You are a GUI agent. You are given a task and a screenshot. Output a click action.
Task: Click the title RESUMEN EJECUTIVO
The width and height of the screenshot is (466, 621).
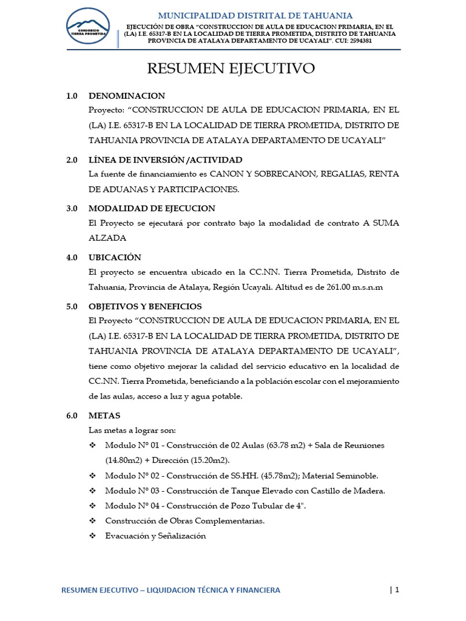pos(231,69)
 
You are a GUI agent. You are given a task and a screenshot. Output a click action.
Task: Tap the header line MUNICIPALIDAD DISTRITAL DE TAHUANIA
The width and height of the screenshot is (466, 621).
pos(255,15)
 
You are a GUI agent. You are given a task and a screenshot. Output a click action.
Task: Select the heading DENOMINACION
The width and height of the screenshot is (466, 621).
pos(126,96)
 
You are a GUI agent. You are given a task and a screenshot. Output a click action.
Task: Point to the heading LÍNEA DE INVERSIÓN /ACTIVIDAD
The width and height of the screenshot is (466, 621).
pos(165,160)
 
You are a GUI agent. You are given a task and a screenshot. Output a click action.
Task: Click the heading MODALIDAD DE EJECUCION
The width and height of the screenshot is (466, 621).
pos(152,209)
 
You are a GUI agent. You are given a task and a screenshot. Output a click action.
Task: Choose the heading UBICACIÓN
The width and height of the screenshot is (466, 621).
pos(115,257)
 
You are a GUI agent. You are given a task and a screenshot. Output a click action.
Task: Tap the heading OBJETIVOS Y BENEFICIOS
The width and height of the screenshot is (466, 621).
pos(145,306)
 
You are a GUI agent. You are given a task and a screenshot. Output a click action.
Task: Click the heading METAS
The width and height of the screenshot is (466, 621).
pos(104,415)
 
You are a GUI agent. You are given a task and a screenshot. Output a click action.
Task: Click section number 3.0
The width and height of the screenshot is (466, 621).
pos(72,209)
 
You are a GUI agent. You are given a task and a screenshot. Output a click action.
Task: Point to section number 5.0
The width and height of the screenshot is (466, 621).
pos(72,306)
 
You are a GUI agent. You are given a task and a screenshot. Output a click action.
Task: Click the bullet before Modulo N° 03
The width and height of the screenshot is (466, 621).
pos(93,491)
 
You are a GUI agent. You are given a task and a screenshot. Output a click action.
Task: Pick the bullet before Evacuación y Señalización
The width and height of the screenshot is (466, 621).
pos(93,536)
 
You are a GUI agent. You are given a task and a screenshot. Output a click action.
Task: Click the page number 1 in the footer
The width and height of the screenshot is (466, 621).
pos(397,589)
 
